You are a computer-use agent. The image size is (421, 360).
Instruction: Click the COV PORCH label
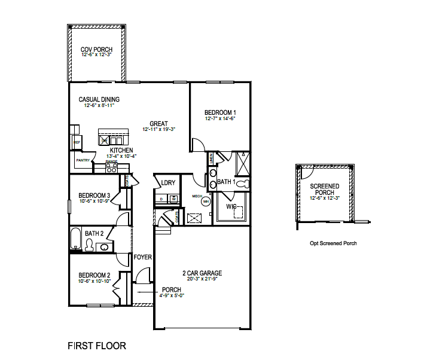coord(96,49)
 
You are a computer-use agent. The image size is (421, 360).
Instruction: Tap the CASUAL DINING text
coord(99,99)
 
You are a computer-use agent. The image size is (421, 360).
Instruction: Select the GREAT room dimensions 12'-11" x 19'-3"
coord(158,129)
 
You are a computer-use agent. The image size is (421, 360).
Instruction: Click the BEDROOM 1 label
coord(220,112)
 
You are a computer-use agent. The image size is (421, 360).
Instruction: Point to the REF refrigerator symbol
coord(77,142)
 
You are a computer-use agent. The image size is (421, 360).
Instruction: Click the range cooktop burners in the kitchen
coord(111,169)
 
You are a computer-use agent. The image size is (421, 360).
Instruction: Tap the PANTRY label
coord(83,160)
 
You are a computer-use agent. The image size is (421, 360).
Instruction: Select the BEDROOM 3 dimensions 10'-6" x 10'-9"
coord(94,201)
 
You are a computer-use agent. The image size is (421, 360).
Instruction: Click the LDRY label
coord(168,182)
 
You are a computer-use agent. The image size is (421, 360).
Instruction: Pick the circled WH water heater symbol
coord(206,202)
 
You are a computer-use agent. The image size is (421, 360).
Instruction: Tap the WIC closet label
coord(230,207)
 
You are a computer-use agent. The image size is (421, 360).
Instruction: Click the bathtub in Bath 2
coord(75,239)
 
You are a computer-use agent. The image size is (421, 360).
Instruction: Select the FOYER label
coord(143,257)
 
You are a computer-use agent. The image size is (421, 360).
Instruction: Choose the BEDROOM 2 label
coord(94,275)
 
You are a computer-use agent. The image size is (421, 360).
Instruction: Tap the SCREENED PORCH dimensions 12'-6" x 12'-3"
coord(325,198)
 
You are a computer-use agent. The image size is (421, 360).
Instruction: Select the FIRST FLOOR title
coord(97,346)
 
